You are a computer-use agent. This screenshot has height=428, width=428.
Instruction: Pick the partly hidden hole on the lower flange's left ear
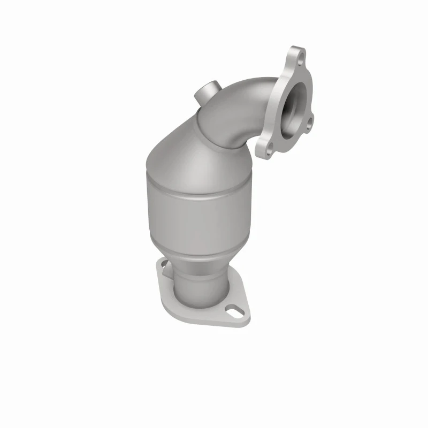161,263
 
